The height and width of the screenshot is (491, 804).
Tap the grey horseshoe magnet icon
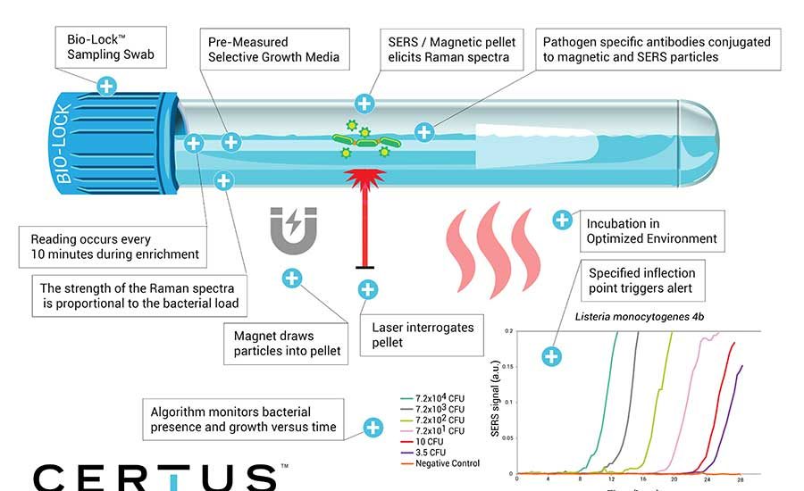293,227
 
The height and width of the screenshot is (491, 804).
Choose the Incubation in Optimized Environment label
651,231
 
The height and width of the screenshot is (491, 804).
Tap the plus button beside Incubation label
562,220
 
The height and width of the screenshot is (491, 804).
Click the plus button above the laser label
366,289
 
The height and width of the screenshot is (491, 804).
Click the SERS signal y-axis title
496,402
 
